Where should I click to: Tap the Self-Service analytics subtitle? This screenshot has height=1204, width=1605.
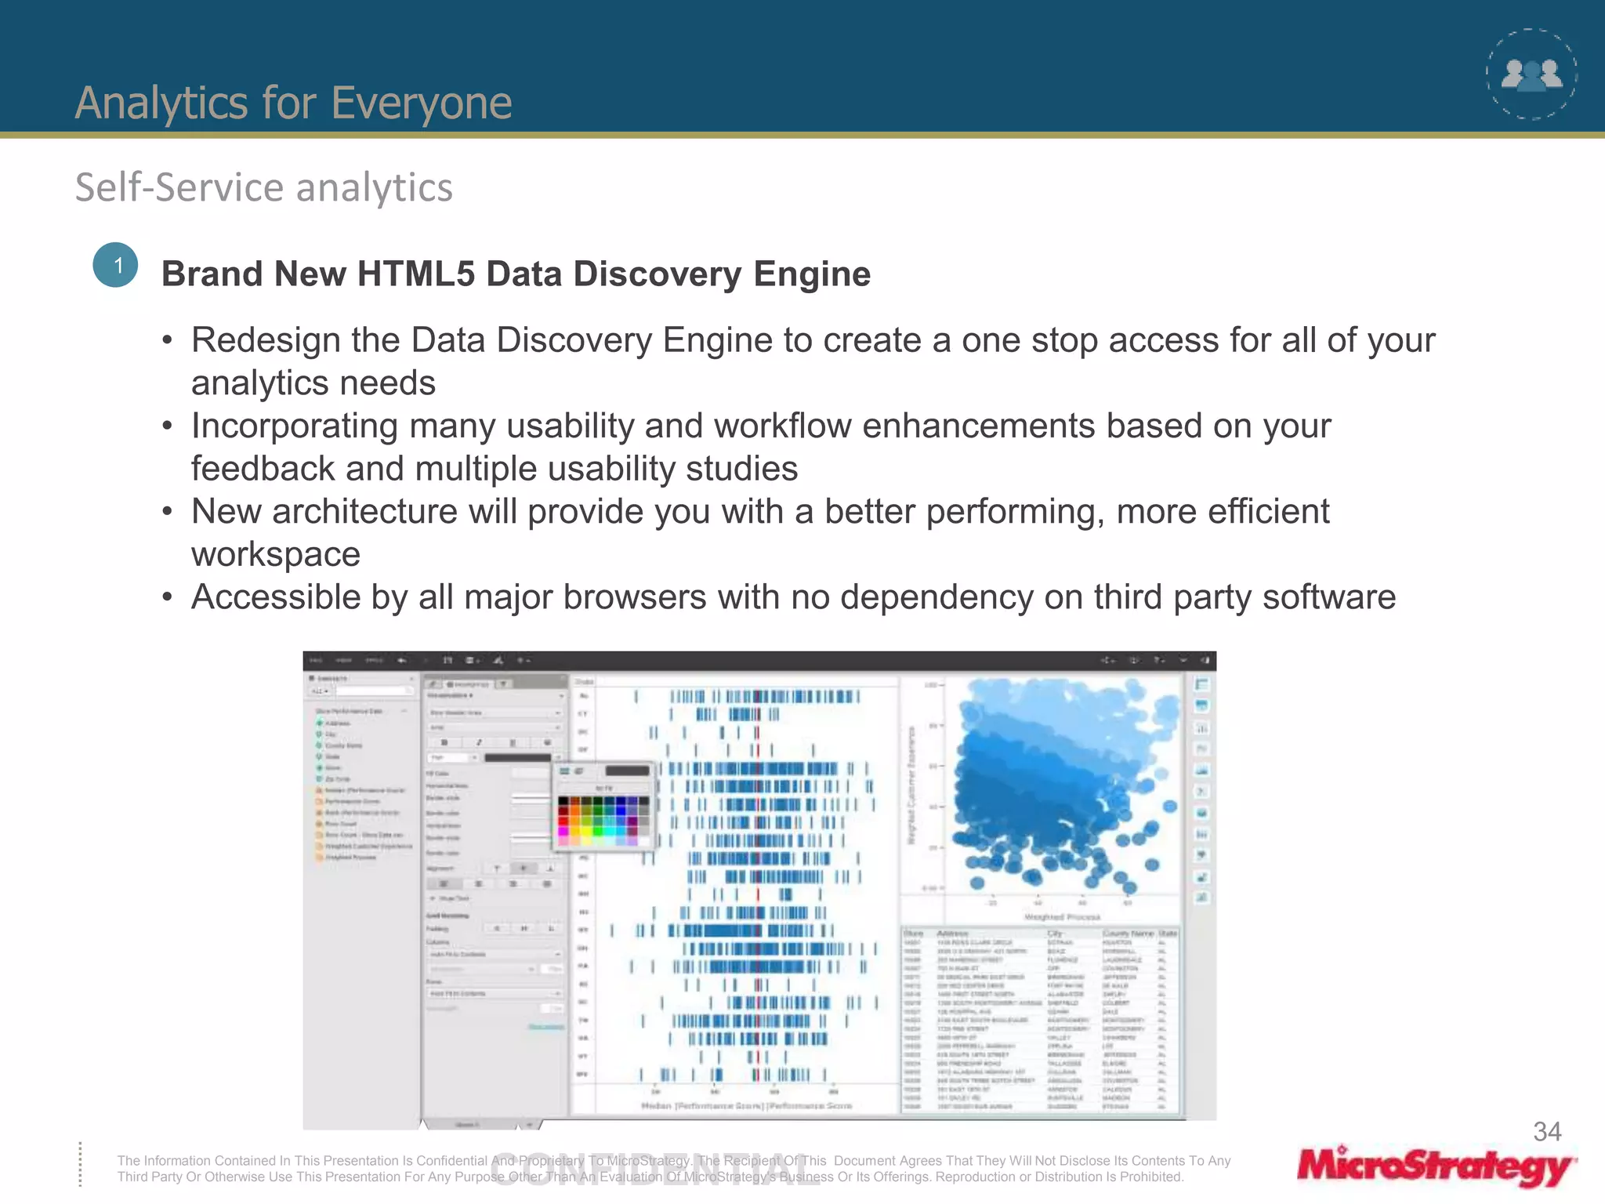[x=263, y=188]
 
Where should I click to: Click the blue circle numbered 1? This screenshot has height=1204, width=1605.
[x=115, y=265]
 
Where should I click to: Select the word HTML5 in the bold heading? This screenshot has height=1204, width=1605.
[x=415, y=274]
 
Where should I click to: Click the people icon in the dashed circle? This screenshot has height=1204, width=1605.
[x=1531, y=75]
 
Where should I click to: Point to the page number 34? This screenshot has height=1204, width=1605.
[x=1546, y=1131]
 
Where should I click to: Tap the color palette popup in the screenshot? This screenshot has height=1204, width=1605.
[x=603, y=807]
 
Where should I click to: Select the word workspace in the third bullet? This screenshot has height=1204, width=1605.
[x=276, y=555]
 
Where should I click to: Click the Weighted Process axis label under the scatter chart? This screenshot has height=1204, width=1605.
[x=1062, y=916]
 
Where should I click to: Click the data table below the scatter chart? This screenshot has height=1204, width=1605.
[x=1040, y=1019]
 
